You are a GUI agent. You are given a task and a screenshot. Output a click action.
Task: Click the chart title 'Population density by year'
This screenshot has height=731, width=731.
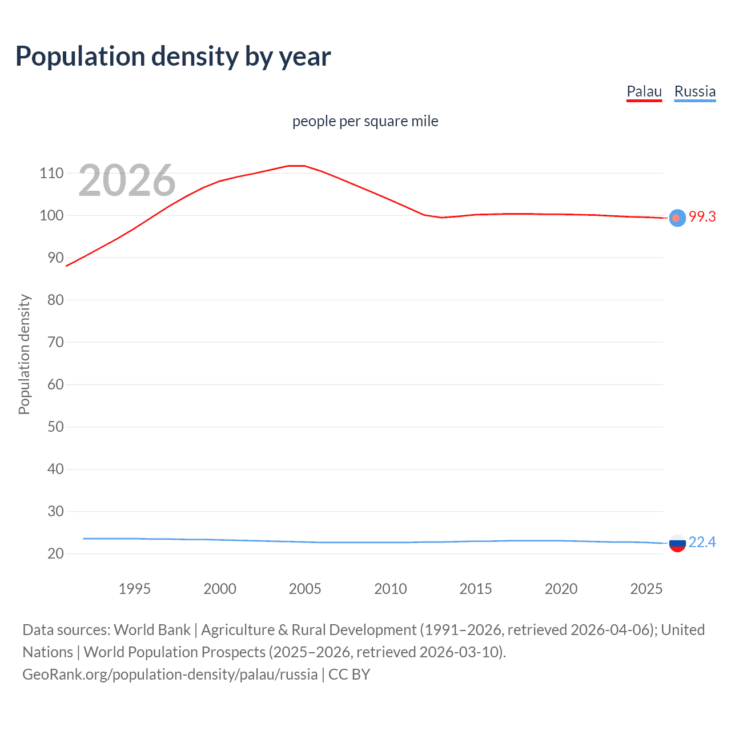coord(173,57)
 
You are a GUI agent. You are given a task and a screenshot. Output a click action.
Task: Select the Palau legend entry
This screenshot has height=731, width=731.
coord(644,91)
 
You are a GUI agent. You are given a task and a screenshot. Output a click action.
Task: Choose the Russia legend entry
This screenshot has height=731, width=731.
coord(694,91)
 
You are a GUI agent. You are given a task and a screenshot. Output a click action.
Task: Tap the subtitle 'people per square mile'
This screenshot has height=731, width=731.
coord(365,122)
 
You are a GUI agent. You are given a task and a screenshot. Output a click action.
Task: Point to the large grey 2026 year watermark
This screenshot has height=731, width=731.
coord(127,180)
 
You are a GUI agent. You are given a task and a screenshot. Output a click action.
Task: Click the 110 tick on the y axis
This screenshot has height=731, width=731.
coord(51,174)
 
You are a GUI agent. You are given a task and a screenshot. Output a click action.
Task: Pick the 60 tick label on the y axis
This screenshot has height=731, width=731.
coord(55,384)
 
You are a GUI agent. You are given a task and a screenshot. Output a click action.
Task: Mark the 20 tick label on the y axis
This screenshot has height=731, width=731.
coord(55,553)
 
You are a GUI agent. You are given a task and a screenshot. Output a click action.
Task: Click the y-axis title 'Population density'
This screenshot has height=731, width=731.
coord(24,354)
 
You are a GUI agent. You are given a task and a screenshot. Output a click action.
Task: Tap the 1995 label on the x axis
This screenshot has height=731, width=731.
coord(134,589)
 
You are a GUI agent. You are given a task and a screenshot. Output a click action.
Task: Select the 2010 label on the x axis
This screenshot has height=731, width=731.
coord(390,589)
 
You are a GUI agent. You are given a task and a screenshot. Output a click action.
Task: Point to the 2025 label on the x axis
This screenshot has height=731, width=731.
coord(646,589)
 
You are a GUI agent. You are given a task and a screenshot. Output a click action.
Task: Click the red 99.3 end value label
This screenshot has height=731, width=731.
coord(702,217)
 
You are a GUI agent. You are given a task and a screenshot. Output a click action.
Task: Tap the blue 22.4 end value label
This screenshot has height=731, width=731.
coord(702,543)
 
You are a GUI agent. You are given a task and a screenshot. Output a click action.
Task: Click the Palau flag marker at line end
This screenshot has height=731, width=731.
coord(677,218)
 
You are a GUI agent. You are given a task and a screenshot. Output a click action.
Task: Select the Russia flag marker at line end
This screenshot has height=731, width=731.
coord(677,544)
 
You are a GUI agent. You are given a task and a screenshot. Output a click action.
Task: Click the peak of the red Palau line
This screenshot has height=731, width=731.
coord(296,166)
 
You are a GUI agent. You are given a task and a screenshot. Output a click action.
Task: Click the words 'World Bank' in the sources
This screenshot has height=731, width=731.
coord(152,630)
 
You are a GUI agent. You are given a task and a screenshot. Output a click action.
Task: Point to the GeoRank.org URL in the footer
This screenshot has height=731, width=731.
coord(170,674)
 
